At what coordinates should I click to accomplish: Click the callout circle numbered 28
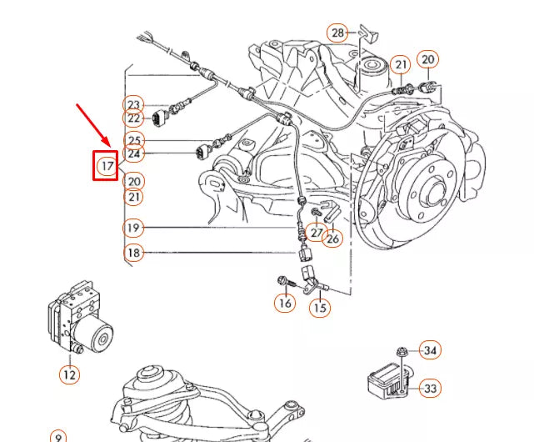(337, 33)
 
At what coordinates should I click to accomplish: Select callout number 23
(134, 104)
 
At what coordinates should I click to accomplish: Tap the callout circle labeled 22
(134, 119)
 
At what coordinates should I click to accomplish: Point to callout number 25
(134, 140)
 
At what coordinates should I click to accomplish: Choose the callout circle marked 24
(134, 154)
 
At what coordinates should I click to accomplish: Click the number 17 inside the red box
(106, 166)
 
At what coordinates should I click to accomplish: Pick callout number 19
(133, 228)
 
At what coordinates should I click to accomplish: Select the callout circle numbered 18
(133, 252)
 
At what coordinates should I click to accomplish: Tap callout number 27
(316, 232)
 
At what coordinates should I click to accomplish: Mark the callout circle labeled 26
(333, 239)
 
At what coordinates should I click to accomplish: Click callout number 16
(286, 303)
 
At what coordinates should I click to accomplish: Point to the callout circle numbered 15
(320, 308)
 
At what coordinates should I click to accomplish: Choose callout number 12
(70, 374)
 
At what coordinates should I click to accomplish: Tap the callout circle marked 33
(430, 388)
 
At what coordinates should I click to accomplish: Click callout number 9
(57, 436)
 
